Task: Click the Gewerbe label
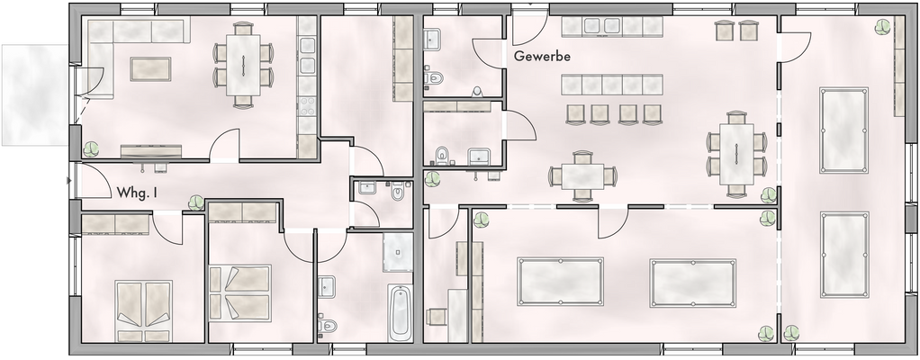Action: click(543, 56)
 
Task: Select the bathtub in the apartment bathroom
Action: click(401, 312)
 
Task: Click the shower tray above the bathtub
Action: click(397, 252)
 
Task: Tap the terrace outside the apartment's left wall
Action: click(32, 94)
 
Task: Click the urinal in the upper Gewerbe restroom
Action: click(476, 89)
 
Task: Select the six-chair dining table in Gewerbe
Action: click(736, 154)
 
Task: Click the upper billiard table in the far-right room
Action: click(843, 130)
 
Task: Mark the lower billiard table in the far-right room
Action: click(844, 255)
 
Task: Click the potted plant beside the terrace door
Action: click(91, 148)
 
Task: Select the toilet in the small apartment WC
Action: click(397, 192)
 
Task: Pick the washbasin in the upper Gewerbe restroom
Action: click(433, 39)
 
